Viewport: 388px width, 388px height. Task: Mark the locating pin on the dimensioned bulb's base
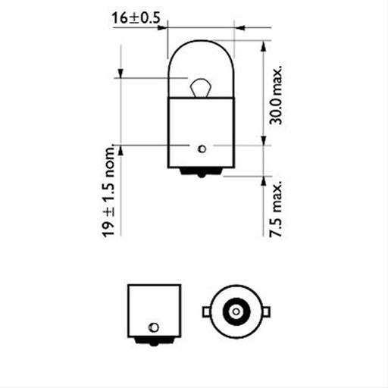point(202,146)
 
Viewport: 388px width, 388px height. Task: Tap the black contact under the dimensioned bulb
point(201,172)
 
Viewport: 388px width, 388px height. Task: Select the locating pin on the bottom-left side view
point(154,326)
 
